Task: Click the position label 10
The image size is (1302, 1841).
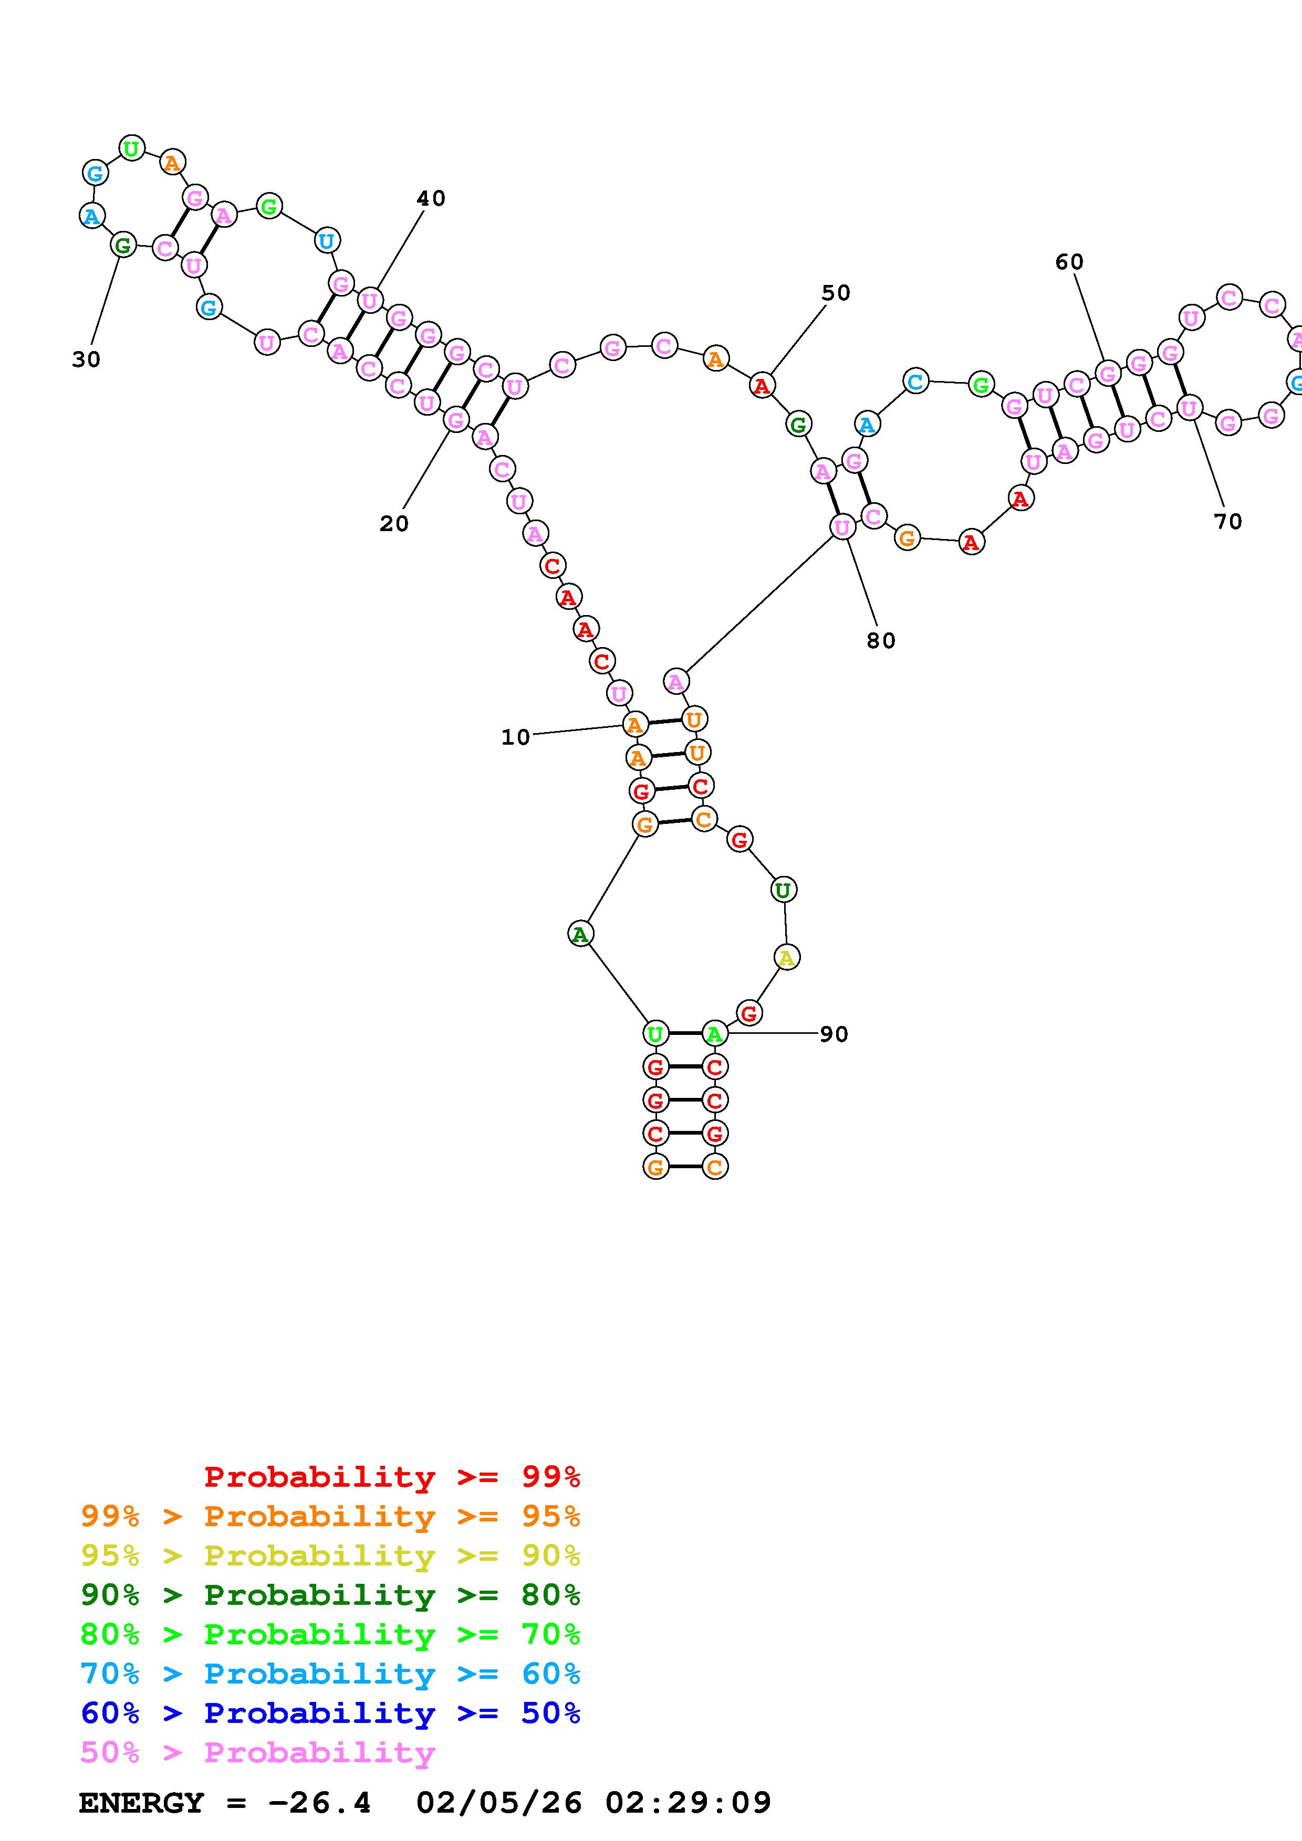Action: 515,737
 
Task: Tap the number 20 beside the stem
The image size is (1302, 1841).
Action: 394,524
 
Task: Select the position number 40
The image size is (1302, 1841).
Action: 431,198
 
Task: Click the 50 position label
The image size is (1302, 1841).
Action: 835,293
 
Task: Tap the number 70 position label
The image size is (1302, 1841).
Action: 1227,521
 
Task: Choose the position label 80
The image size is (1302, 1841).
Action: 880,640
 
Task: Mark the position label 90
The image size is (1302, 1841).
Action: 834,1034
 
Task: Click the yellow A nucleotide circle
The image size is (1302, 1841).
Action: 787,957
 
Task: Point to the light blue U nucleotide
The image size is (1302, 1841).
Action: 327,240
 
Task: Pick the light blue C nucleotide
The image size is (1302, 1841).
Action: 915,382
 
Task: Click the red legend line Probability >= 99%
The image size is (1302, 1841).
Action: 391,1477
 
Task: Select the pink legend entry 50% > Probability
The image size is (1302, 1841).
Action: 257,1753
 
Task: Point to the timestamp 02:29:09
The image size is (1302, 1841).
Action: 688,1803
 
